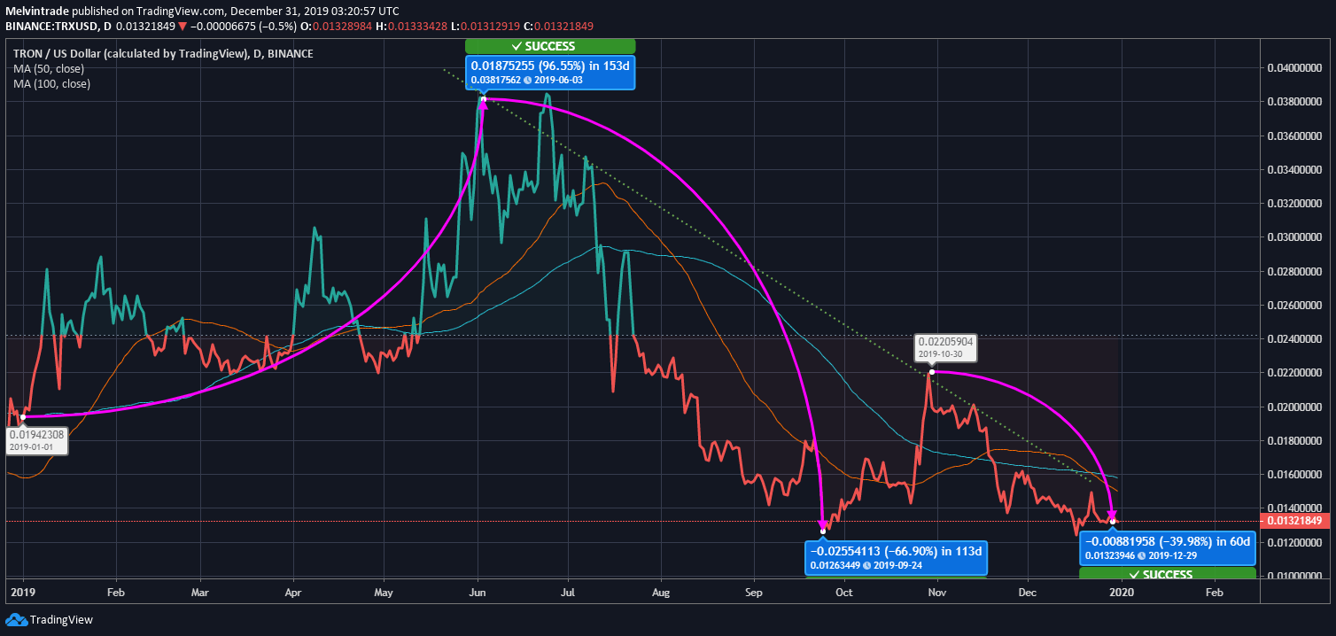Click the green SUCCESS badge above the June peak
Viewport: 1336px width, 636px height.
tap(549, 46)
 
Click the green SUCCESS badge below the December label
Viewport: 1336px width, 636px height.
tap(1167, 574)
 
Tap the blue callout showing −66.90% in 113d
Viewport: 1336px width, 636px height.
tap(896, 556)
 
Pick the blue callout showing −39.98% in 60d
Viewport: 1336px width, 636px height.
tap(1167, 548)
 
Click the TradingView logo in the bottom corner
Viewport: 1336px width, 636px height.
tap(50, 620)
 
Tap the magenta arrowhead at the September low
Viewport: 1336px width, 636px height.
tap(823, 526)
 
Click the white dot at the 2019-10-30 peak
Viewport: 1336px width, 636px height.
tap(932, 372)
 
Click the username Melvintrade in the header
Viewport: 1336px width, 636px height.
tap(39, 12)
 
